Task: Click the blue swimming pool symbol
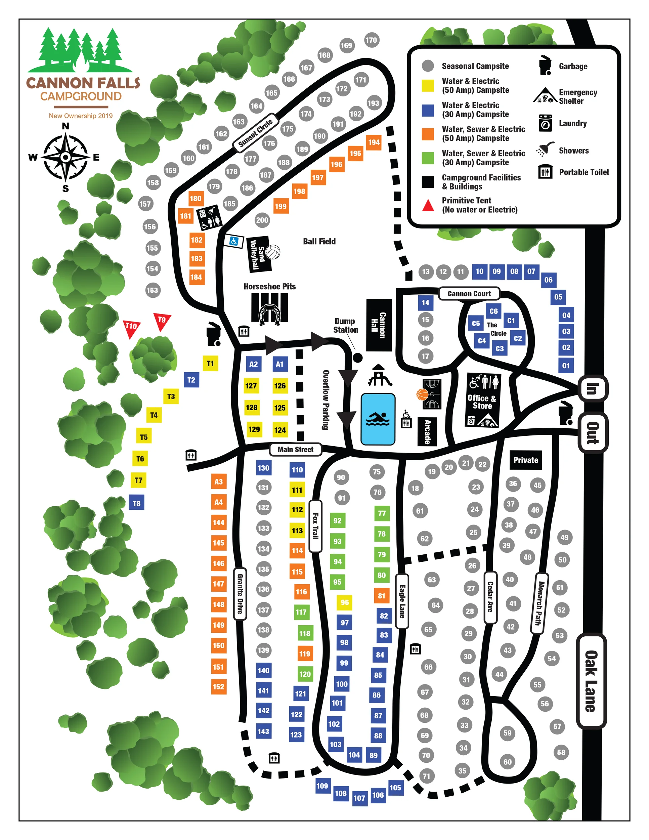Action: coord(378,419)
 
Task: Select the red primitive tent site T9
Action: coord(162,321)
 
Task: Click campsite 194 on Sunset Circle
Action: coord(374,142)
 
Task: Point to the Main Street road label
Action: coord(295,449)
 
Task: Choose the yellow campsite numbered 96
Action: coord(345,602)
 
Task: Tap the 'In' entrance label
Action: coord(592,388)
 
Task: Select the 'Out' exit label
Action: coord(593,433)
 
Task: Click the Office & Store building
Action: coord(482,400)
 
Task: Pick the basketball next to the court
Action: coord(422,394)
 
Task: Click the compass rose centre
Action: coord(66,157)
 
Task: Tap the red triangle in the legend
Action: coord(428,206)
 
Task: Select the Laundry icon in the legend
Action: coord(545,123)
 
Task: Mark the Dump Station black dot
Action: coord(357,358)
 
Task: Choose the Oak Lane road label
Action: coord(591,681)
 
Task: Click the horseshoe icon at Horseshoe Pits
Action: coord(269,313)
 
